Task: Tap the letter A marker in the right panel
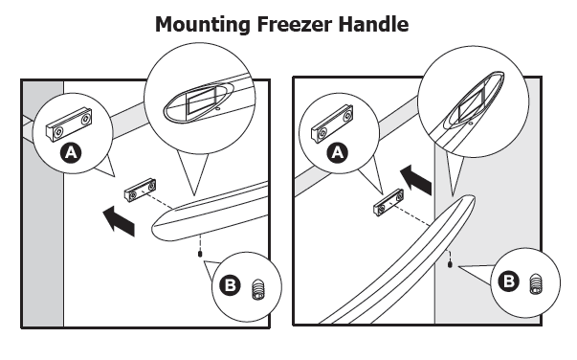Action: tap(335, 152)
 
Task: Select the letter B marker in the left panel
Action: tap(232, 286)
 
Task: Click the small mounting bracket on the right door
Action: tap(388, 205)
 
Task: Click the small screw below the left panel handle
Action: tap(199, 254)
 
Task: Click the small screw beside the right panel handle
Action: tap(450, 265)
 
